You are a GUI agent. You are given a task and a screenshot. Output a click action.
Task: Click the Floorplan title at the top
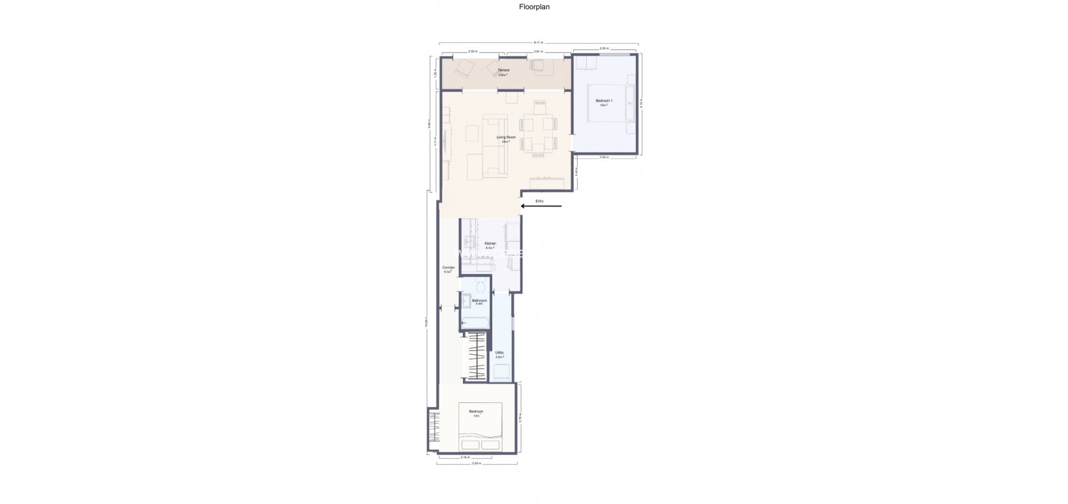click(534, 7)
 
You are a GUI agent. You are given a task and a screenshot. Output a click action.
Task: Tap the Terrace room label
click(503, 70)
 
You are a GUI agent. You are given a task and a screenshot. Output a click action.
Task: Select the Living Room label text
click(506, 138)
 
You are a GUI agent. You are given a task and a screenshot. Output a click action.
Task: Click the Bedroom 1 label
click(604, 102)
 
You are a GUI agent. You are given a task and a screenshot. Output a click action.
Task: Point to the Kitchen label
click(490, 245)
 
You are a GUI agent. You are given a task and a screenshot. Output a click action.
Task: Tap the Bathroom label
click(479, 301)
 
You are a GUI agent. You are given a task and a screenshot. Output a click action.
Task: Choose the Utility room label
click(499, 354)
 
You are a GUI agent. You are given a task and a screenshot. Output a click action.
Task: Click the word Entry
click(539, 201)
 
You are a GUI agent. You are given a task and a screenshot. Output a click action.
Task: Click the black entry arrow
click(541, 207)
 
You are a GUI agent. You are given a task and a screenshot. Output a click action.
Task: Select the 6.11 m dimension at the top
click(538, 42)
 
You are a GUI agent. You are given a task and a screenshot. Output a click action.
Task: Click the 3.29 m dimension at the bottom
click(476, 464)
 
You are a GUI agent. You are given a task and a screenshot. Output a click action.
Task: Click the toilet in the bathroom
click(481, 286)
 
